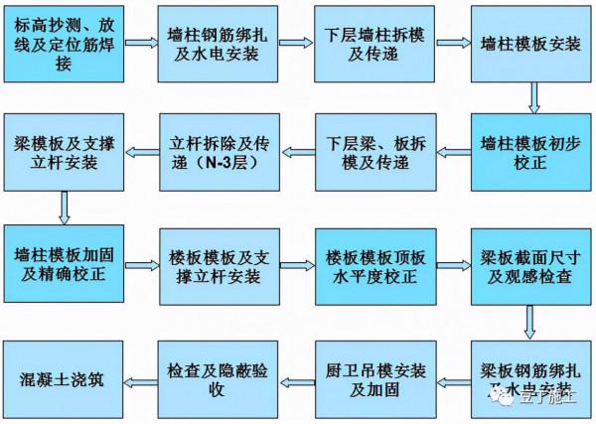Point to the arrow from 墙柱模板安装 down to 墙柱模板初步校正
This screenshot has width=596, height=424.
click(533, 97)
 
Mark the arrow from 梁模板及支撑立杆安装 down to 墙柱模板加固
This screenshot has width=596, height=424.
click(64, 206)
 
